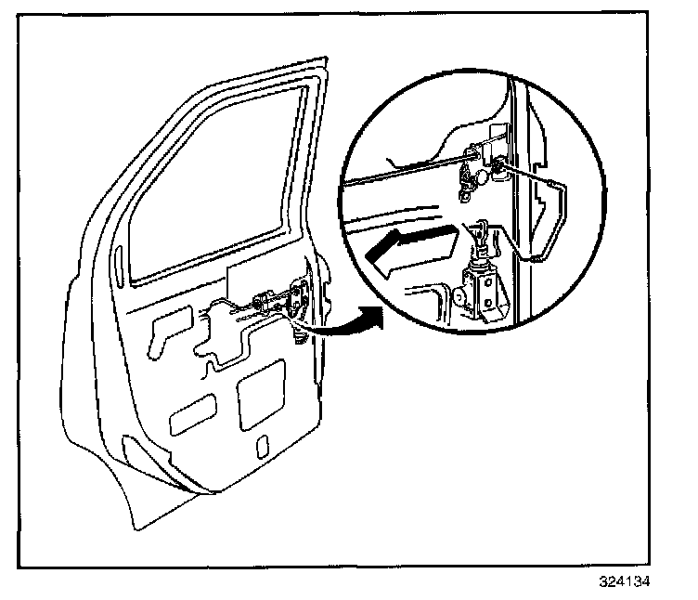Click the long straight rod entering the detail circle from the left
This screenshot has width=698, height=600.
[408, 174]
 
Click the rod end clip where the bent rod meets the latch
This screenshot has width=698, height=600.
[498, 167]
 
